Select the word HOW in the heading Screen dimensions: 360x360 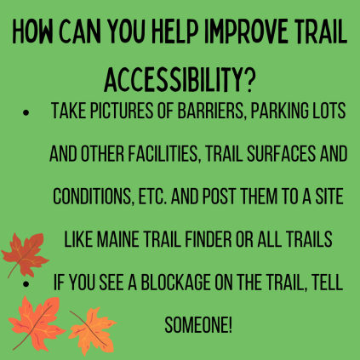point(33,31)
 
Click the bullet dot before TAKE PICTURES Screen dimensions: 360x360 point(26,112)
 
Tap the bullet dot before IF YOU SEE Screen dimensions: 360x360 point(26,283)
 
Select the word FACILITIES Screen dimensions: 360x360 point(164,153)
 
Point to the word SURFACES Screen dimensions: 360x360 point(281,153)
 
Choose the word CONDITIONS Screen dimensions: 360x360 point(94,197)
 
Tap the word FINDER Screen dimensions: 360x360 point(209,239)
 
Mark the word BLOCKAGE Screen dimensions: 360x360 point(176,283)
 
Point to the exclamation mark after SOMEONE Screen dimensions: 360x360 point(230,325)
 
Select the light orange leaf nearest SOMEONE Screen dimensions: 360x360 point(92,330)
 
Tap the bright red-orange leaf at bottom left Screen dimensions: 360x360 point(37,323)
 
